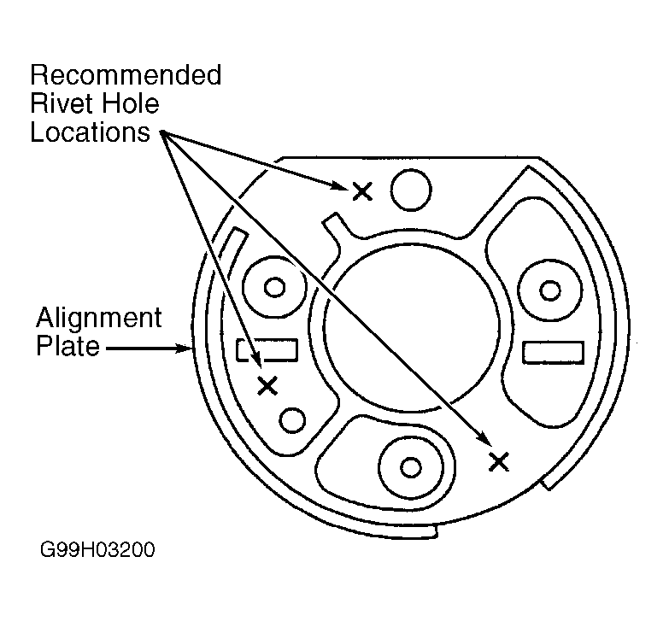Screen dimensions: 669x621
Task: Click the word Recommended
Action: point(126,75)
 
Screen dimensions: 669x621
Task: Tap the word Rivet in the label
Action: point(56,103)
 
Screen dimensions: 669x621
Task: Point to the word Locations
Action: point(90,132)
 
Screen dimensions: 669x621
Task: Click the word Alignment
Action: point(99,319)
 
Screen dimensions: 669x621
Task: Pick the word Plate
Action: point(67,345)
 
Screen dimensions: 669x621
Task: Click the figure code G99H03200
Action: point(97,549)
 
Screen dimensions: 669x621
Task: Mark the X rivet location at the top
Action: point(362,191)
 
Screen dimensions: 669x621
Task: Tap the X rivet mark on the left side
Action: point(267,386)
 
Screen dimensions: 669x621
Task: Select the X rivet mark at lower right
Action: point(498,462)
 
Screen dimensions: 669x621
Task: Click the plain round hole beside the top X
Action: point(411,190)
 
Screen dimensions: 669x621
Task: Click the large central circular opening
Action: point(411,328)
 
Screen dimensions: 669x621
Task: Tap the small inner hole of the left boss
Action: point(275,287)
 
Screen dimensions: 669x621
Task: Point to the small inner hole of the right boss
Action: point(550,291)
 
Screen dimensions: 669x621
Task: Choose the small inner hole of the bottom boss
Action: point(411,467)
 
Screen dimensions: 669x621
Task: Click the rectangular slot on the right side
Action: point(553,352)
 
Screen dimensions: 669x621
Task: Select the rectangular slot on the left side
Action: point(267,350)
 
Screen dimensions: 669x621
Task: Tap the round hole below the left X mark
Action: point(292,420)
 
